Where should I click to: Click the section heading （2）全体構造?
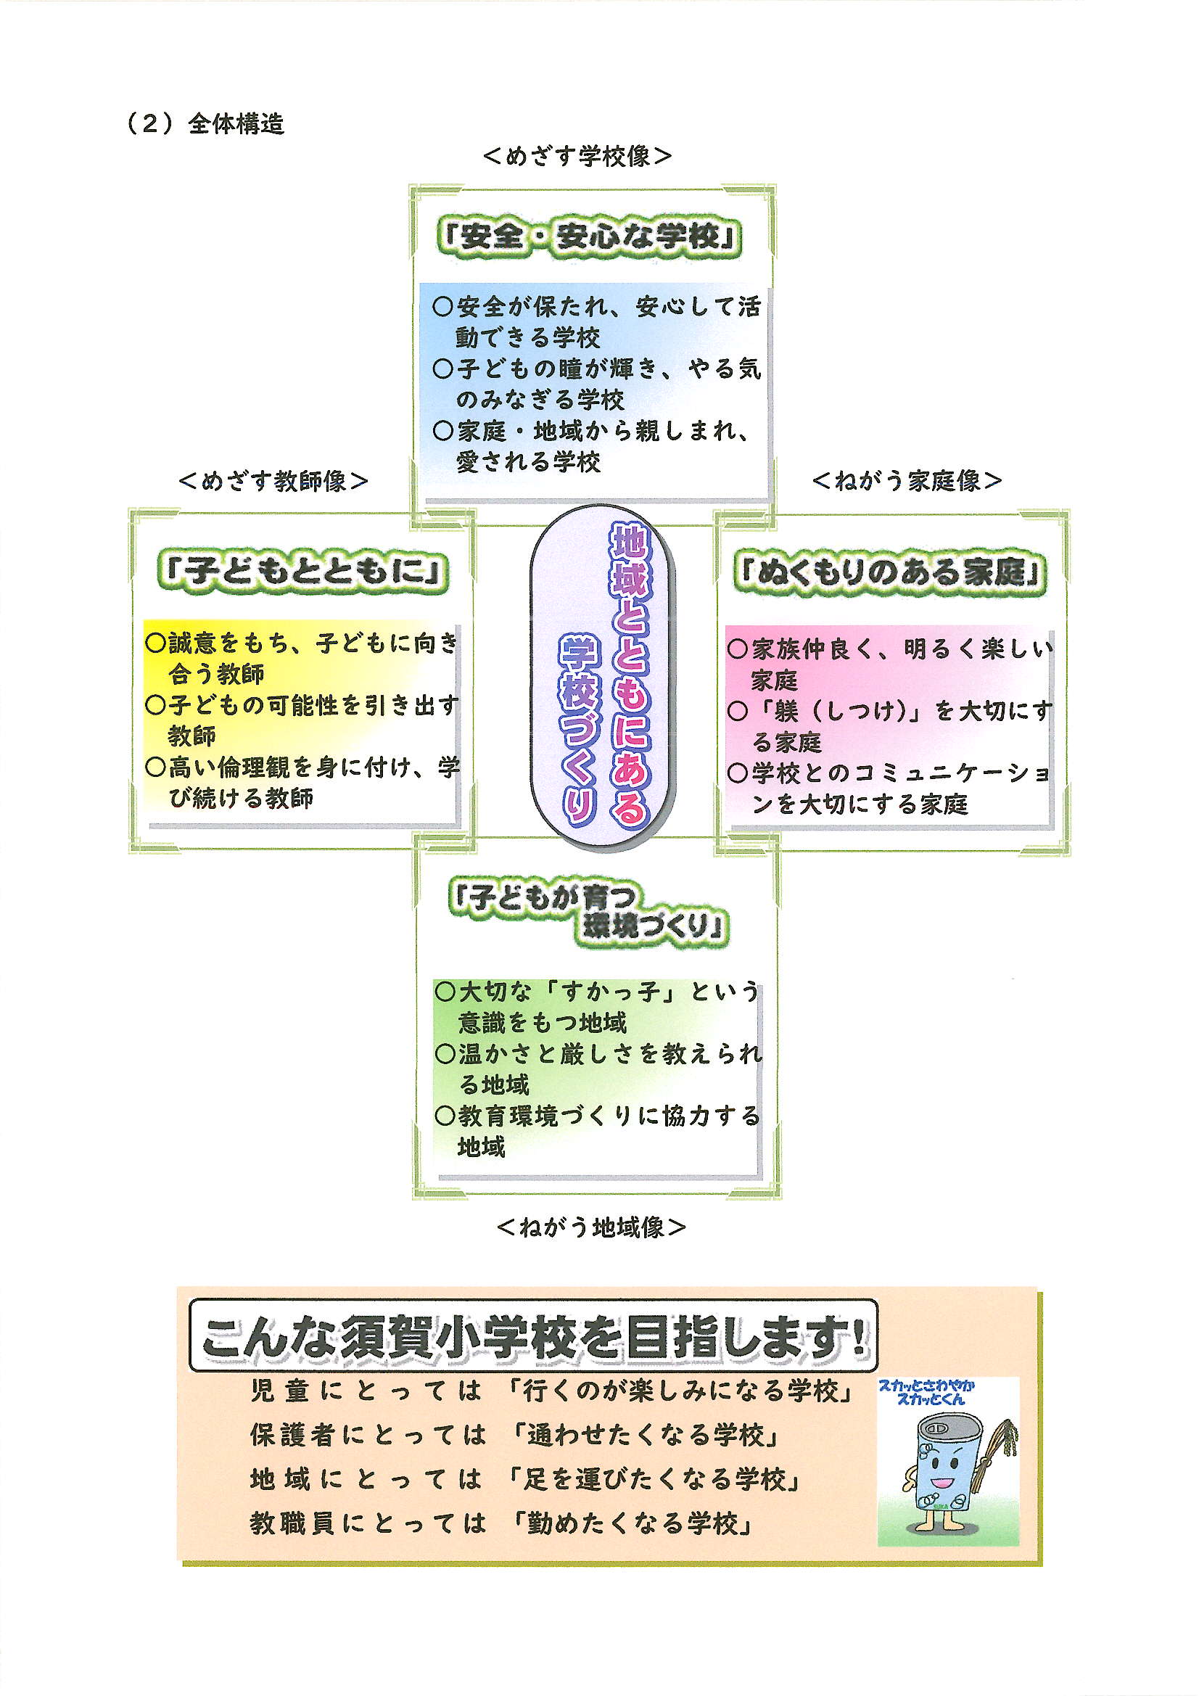205,123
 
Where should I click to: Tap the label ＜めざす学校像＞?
577,156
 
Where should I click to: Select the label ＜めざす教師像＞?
273,481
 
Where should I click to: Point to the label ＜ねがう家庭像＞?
907,481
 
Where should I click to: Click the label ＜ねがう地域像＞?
591,1227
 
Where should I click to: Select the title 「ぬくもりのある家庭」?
890,572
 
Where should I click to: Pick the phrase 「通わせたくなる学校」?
647,1435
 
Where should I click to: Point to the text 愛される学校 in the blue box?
528,462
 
